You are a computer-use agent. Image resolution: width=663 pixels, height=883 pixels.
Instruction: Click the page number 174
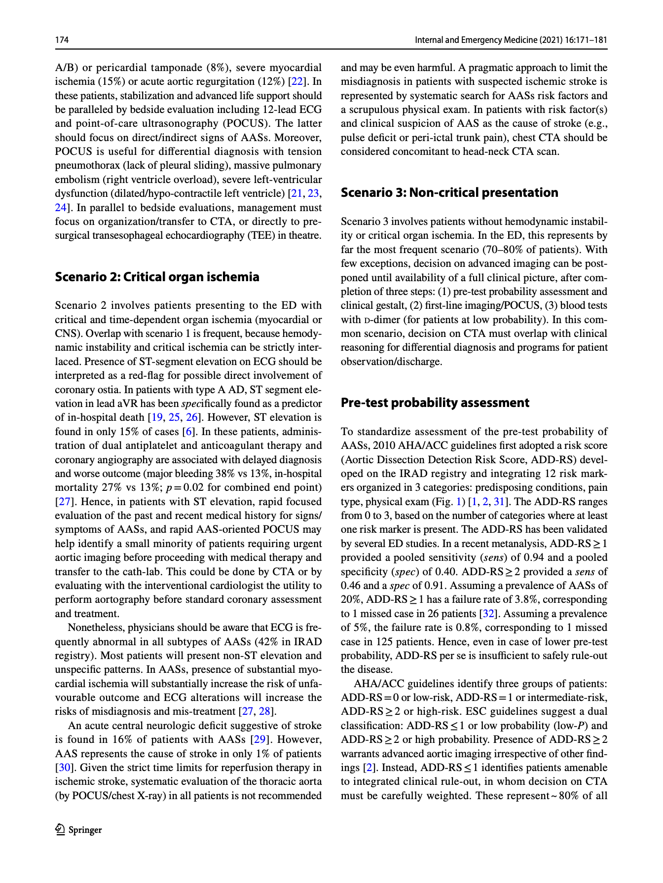point(62,40)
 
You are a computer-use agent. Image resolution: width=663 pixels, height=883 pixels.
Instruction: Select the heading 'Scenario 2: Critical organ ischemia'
point(157,277)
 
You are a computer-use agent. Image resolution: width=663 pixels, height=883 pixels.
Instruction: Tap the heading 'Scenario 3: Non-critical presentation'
point(449,192)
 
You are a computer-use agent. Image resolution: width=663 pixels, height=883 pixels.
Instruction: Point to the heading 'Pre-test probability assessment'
point(435,403)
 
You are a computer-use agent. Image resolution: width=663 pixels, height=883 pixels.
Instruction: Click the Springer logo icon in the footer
point(60,829)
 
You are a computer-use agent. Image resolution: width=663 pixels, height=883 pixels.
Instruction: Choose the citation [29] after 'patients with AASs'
point(259,739)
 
